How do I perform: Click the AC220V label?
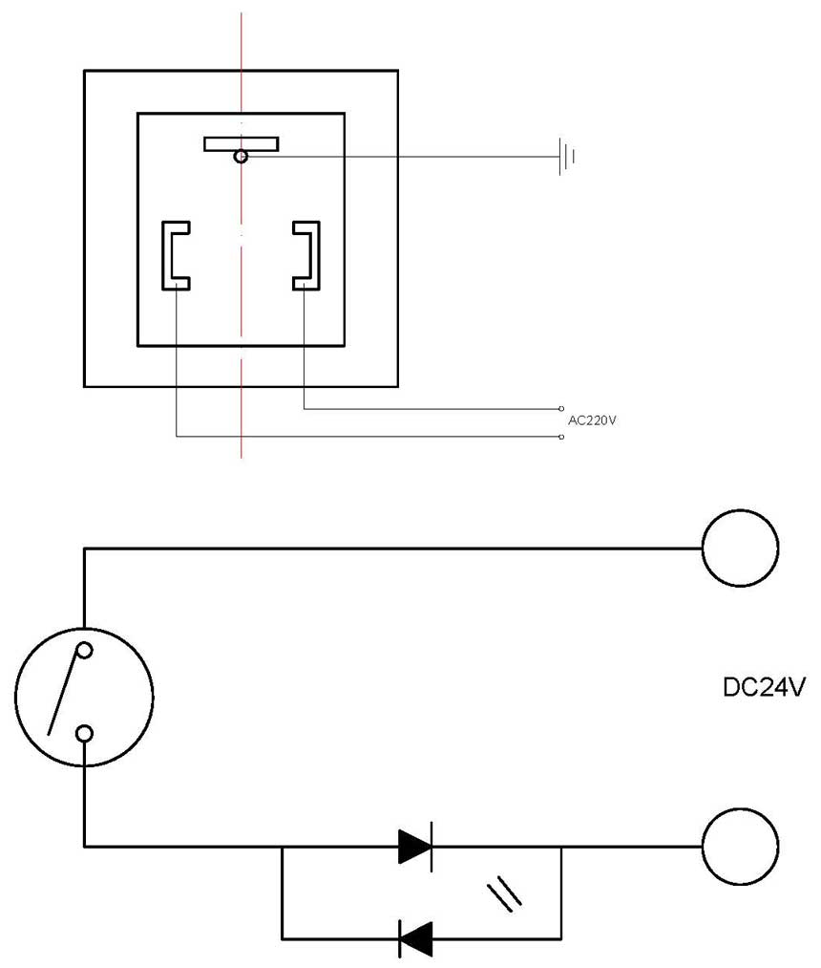pos(592,420)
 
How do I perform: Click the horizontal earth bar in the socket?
pos(241,143)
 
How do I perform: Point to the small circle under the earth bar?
pos(242,156)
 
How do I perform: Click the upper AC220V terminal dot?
pos(561,409)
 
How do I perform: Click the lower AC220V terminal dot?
pos(561,438)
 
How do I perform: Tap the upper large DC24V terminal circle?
pos(740,549)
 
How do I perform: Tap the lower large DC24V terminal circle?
pos(740,846)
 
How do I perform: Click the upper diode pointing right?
pos(415,846)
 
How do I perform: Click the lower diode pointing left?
pos(415,938)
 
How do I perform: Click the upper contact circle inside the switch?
pos(85,651)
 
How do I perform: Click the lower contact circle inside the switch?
pos(85,734)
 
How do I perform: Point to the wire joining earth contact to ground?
pos(401,156)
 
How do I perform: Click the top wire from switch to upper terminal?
pos(391,549)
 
